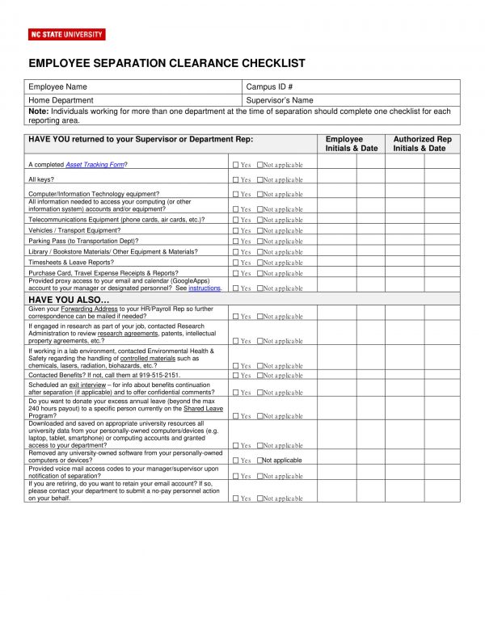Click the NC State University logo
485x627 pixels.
[66, 35]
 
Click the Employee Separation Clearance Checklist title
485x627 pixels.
[167, 63]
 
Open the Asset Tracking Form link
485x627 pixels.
[95, 165]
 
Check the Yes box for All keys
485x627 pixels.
[235, 180]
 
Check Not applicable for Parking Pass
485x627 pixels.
[260, 242]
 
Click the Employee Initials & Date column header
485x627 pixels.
[351, 144]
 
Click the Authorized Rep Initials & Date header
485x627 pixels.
[422, 144]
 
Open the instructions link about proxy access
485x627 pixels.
[205, 288]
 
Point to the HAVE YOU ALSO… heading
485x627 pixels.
[69, 300]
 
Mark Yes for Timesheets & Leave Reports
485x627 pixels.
[235, 263]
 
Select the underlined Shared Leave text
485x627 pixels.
[203, 409]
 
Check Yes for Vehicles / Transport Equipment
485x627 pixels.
[235, 231]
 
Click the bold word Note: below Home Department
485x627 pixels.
[38, 112]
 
